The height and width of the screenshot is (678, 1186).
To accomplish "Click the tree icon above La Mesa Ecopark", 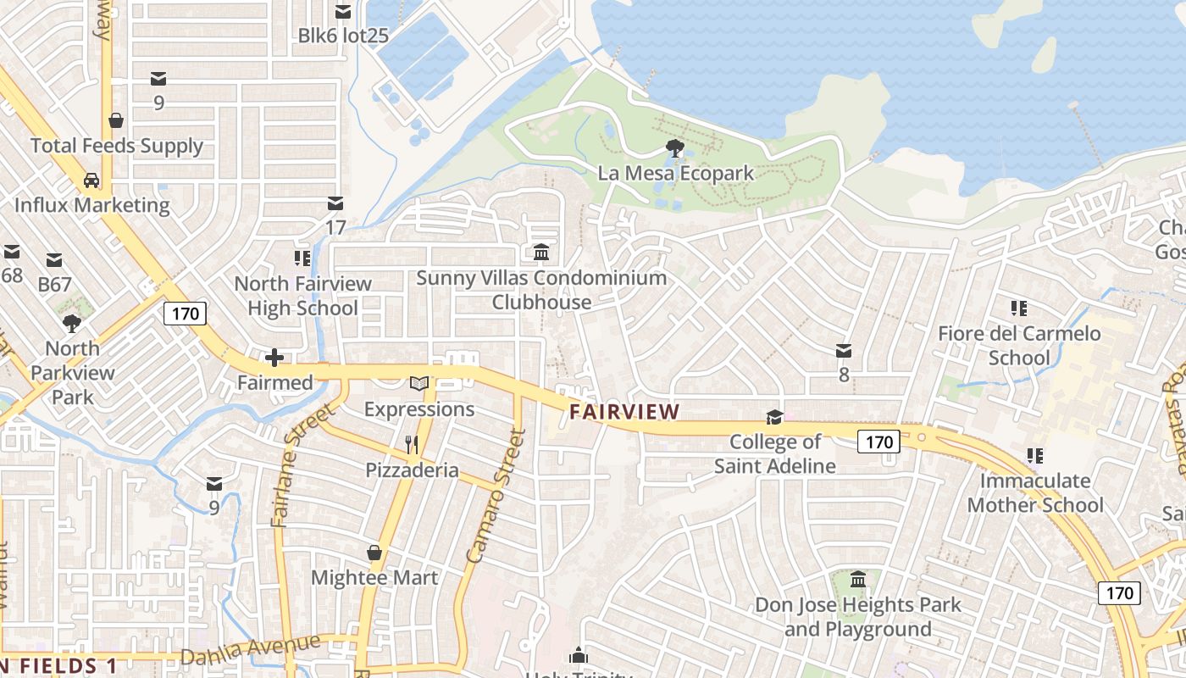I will (x=675, y=148).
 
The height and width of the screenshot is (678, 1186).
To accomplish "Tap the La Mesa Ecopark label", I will (x=675, y=174).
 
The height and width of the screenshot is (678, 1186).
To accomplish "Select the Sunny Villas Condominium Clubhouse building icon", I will (x=541, y=253).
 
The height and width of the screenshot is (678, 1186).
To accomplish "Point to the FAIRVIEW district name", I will (x=624, y=412).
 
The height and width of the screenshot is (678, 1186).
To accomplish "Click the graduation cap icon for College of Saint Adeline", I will (x=774, y=417).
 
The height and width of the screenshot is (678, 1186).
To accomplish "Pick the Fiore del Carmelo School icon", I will (x=1018, y=308).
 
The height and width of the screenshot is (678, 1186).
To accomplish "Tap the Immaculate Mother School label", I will (x=1034, y=492).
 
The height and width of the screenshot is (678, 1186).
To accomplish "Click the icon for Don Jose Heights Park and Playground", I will (x=858, y=580).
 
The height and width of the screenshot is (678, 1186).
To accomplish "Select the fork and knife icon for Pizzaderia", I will (x=412, y=445).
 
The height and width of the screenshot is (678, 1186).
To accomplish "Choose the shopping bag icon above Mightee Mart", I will (x=374, y=553).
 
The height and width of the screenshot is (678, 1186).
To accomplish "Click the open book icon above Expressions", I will (x=419, y=384).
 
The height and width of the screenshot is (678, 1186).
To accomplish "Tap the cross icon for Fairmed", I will (x=274, y=358).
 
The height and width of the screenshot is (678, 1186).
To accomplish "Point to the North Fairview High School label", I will (x=302, y=296).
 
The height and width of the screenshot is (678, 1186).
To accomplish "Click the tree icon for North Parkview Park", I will (x=72, y=323).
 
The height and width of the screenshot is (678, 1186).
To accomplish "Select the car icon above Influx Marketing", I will (x=91, y=180).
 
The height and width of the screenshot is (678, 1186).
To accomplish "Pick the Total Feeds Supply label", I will (x=117, y=146).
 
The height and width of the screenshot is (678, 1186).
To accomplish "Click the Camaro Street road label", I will (x=496, y=497).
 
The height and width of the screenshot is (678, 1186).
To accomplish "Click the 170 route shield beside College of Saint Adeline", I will (x=878, y=442).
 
